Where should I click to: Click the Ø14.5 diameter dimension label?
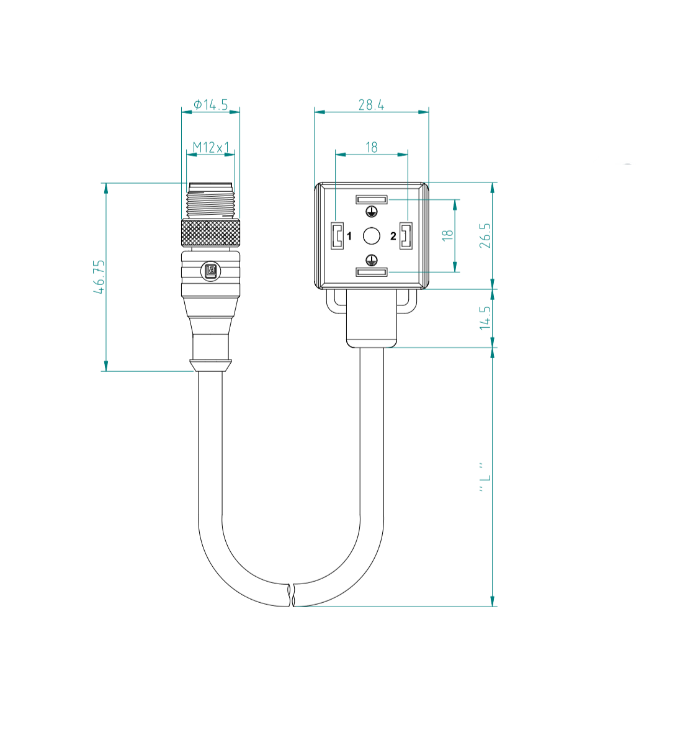coord(210,105)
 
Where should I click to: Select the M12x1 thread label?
coord(211,148)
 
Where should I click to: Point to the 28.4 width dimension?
coord(371,105)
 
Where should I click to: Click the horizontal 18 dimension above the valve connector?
coord(371,147)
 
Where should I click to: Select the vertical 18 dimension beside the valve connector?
coord(447,235)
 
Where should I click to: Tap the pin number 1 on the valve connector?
coord(349,236)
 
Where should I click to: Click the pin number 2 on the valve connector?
coord(393,236)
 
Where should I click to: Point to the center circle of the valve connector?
coord(371,236)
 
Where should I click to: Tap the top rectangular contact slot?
coord(371,200)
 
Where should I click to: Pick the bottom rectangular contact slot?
coord(371,271)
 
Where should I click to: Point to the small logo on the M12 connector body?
coord(210,271)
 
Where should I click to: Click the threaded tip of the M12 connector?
coord(211,200)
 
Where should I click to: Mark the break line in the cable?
coord(291,595)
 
